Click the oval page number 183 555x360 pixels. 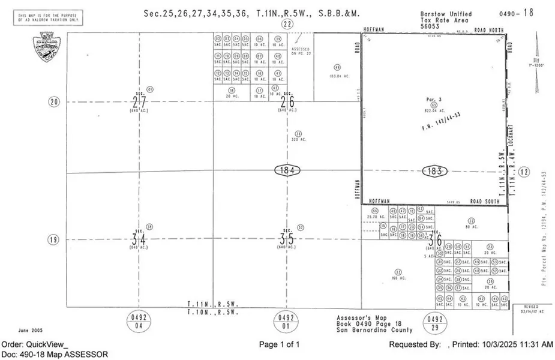point(435,170)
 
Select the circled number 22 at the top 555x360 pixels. point(287,24)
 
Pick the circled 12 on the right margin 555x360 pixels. point(525,172)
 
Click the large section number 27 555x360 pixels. point(139,102)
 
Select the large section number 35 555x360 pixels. point(286,239)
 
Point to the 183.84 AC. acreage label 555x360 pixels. point(337,76)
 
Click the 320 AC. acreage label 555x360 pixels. point(298,139)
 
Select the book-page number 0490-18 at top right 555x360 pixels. point(516,12)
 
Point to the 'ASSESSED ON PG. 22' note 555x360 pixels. point(301,50)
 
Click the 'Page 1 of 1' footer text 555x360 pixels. point(279,344)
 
